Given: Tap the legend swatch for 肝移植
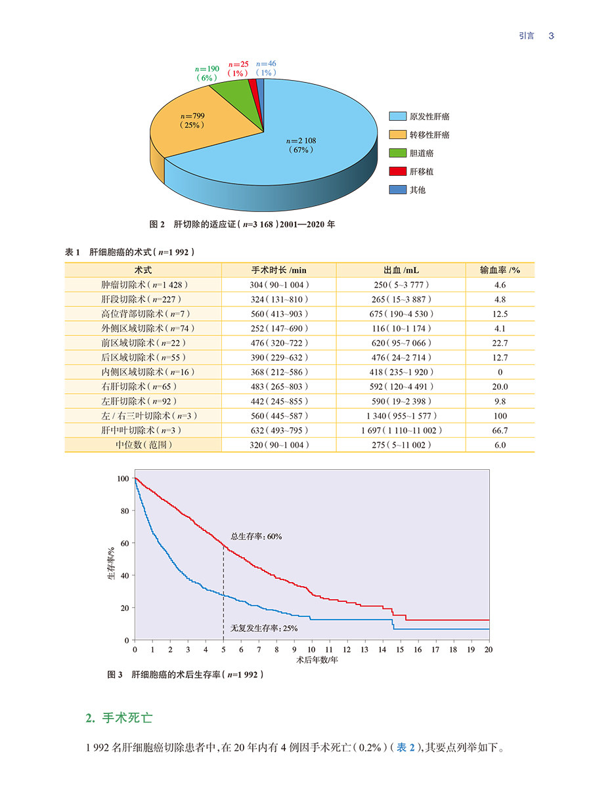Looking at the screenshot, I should [397, 171].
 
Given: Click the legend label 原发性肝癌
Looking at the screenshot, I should [429, 116].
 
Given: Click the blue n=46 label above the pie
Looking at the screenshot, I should [267, 64].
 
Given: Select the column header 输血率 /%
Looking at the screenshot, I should [500, 270].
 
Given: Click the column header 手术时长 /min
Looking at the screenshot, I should [279, 270].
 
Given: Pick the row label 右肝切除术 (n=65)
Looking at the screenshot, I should [143, 387].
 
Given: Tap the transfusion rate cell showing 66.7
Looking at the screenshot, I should [500, 431].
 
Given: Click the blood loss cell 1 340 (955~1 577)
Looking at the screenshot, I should [400, 416].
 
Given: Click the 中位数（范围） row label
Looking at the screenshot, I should [143, 445].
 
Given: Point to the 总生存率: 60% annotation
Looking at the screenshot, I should [256, 536].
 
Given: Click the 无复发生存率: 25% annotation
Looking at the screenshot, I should [263, 628].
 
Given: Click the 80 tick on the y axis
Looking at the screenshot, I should [123, 511].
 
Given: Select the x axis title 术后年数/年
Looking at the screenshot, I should [312, 660].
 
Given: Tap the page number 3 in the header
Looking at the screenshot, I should [552, 36].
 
